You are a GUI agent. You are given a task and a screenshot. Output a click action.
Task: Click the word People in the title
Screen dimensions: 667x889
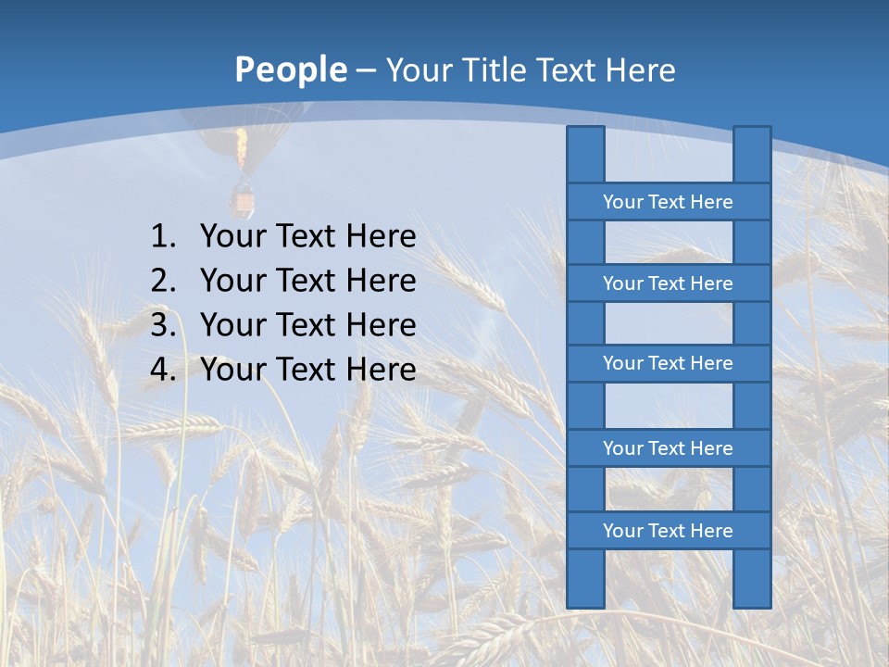[291, 70]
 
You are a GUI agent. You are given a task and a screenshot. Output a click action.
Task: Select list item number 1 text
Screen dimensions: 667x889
[307, 237]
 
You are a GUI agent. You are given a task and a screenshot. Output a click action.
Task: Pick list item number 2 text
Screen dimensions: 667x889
[307, 281]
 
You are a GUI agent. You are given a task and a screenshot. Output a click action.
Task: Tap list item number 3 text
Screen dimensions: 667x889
[307, 325]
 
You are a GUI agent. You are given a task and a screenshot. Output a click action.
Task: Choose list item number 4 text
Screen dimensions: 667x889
[307, 370]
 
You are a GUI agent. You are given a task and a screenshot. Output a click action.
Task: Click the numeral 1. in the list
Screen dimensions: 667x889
[163, 237]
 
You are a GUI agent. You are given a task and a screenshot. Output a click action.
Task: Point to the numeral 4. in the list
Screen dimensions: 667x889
[163, 370]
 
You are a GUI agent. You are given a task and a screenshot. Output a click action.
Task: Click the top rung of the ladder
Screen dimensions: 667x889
[668, 202]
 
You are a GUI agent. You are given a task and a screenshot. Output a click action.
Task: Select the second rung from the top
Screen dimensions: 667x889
[668, 283]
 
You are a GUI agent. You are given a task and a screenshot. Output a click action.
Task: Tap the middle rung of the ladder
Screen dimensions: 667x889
[668, 364]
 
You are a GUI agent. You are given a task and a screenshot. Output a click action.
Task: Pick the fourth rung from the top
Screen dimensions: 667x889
[668, 448]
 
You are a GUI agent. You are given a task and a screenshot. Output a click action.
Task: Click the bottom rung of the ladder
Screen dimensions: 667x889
[668, 531]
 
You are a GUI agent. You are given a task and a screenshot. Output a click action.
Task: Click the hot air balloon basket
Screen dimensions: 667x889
[243, 197]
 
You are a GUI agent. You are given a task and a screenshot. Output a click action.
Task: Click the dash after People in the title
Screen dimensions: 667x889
[366, 71]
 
